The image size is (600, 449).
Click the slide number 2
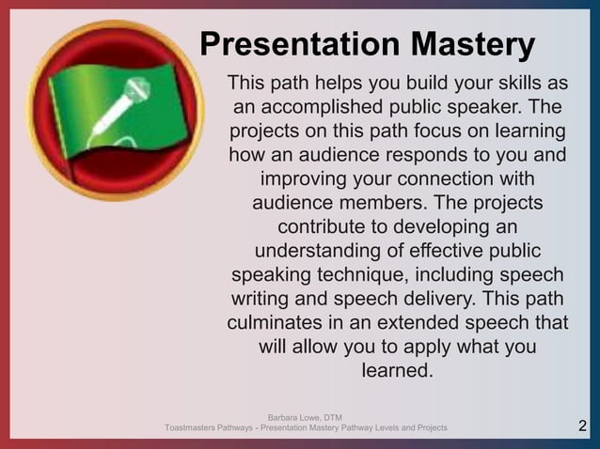582,428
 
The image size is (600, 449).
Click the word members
410,203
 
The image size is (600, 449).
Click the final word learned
397,372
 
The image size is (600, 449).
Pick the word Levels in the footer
376,428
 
